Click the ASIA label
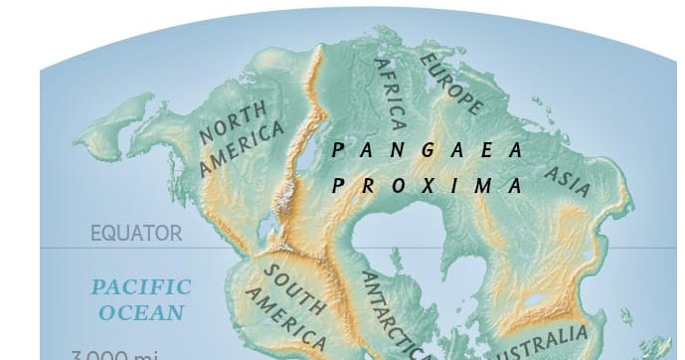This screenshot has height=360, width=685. pyautogui.click(x=569, y=178)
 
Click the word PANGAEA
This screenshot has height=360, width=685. pyautogui.click(x=428, y=150)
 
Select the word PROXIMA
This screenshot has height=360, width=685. pyautogui.click(x=428, y=186)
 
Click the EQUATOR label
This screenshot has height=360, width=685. pyautogui.click(x=136, y=235)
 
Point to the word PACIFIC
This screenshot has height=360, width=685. pyautogui.click(x=141, y=287)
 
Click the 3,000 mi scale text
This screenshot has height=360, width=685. pyautogui.click(x=109, y=353)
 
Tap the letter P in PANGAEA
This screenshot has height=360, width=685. pyautogui.click(x=338, y=150)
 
